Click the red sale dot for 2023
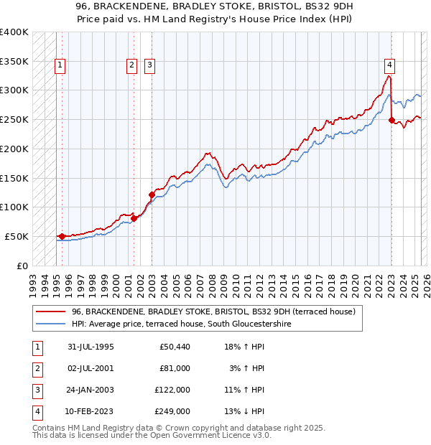391,120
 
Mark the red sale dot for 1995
62,236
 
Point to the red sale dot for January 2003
152,194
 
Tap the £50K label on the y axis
17,236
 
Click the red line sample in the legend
50,312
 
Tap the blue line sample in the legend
50,324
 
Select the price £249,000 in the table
172,411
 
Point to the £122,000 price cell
172,390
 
